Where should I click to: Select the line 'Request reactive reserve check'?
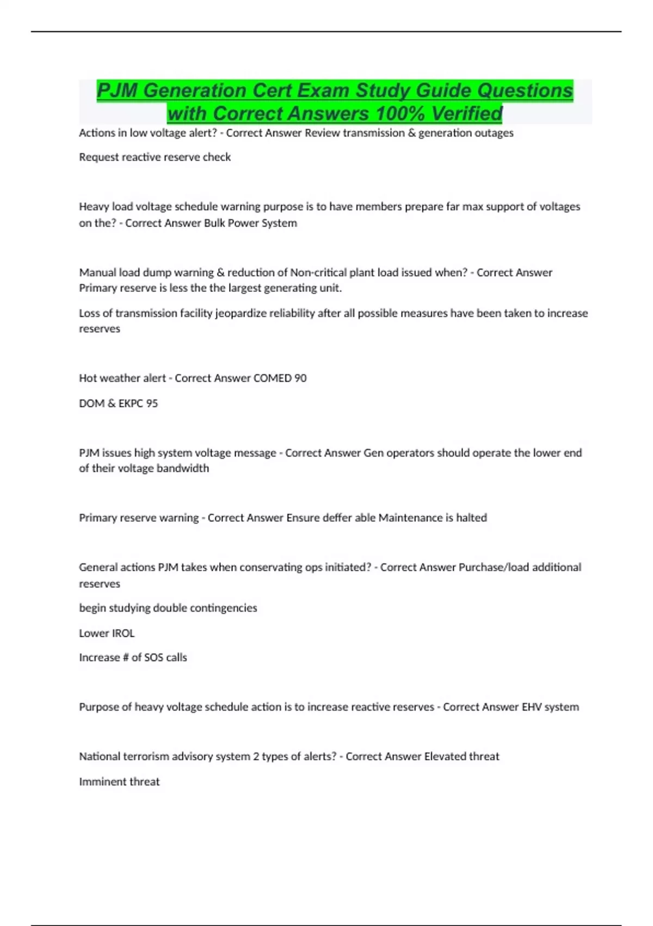pyautogui.click(x=155, y=157)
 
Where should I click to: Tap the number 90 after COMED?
pyautogui.click(x=300, y=379)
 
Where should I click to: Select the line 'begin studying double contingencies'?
pyautogui.click(x=168, y=608)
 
